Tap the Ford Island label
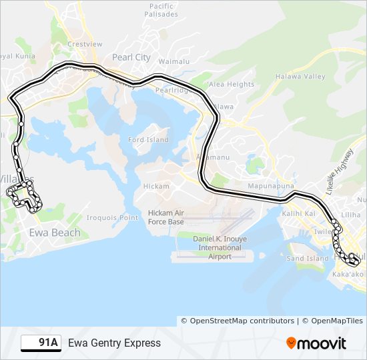(x=148, y=140)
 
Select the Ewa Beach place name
(x=55, y=233)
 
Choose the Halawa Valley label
(x=300, y=77)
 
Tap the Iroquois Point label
(x=112, y=218)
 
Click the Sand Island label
(x=308, y=259)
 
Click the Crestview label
(x=85, y=44)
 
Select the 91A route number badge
(x=41, y=343)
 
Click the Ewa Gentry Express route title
(x=114, y=343)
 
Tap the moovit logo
(x=316, y=343)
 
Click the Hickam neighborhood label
(x=156, y=187)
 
